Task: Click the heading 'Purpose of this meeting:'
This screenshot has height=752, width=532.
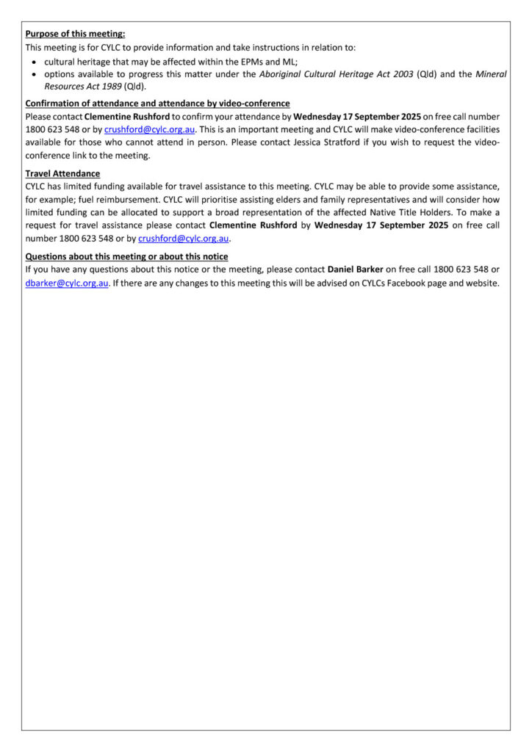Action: tap(75, 34)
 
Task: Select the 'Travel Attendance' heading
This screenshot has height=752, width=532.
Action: tap(62, 173)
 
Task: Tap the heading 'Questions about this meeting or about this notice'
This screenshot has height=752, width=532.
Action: tap(126, 256)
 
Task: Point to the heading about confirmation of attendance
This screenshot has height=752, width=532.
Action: tap(157, 104)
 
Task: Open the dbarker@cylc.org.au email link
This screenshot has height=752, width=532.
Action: tap(67, 283)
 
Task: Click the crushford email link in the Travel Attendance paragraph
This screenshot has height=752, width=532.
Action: tap(184, 238)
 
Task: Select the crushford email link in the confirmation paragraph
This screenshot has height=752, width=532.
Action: tap(149, 129)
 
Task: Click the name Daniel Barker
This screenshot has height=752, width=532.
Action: tap(355, 270)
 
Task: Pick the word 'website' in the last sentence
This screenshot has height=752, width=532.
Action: tap(481, 283)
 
